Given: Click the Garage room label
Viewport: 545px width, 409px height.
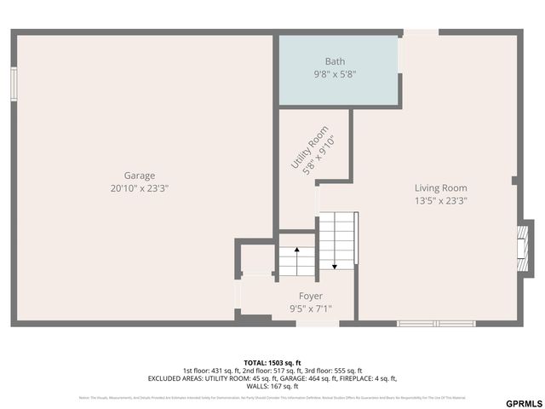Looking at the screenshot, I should (x=140, y=176).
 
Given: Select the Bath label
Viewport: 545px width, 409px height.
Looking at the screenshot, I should (x=335, y=61).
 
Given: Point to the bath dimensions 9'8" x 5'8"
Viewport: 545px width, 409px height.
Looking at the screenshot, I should (x=335, y=74).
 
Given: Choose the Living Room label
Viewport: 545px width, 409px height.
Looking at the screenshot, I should (x=440, y=188).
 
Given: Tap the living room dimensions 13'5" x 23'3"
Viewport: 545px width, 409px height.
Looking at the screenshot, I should (x=440, y=201).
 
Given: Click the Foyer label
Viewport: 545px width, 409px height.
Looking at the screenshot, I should (x=310, y=297).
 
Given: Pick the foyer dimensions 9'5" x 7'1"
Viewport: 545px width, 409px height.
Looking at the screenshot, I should (x=310, y=309).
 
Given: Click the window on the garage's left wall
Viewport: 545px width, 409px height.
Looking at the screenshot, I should (x=14, y=84).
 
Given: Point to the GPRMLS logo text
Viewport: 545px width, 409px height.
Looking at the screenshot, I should (x=523, y=403).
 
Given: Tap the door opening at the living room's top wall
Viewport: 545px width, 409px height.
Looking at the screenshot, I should (x=421, y=32).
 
